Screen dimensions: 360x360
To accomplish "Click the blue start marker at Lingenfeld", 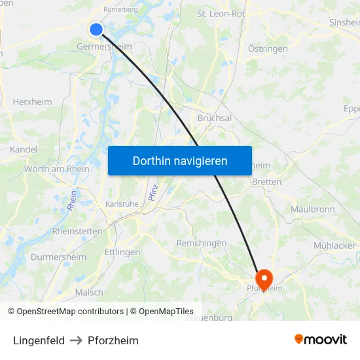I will pyautogui.click(x=96, y=29).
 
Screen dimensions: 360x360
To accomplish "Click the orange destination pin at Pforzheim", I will pyautogui.click(x=265, y=278).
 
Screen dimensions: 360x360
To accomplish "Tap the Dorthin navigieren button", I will pyautogui.click(x=180, y=160).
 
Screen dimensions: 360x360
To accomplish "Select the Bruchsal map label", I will pyautogui.click(x=215, y=118).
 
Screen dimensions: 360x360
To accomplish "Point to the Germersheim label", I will pyautogui.click(x=104, y=47).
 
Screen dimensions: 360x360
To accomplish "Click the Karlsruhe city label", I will pyautogui.click(x=122, y=204).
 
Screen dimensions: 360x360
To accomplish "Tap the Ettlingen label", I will pyautogui.click(x=122, y=252).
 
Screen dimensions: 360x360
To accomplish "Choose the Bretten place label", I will pyautogui.click(x=266, y=182).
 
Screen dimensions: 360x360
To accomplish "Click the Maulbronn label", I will pyautogui.click(x=312, y=209).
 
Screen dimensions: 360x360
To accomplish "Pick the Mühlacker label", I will pyautogui.click(x=334, y=245).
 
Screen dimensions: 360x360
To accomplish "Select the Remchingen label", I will pyautogui.click(x=202, y=243).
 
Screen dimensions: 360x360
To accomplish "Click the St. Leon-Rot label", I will pyautogui.click(x=221, y=13).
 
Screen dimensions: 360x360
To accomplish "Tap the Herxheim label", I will pyautogui.click(x=33, y=102).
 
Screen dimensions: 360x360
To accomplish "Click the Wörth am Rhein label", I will pyautogui.click(x=57, y=169).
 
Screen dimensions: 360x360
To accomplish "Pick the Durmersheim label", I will pyautogui.click(x=58, y=257).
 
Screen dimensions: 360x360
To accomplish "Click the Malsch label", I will pyautogui.click(x=89, y=293).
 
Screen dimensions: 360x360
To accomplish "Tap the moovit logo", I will pyautogui.click(x=321, y=340).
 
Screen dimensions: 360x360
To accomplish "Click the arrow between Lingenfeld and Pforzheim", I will pyautogui.click(x=76, y=340).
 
